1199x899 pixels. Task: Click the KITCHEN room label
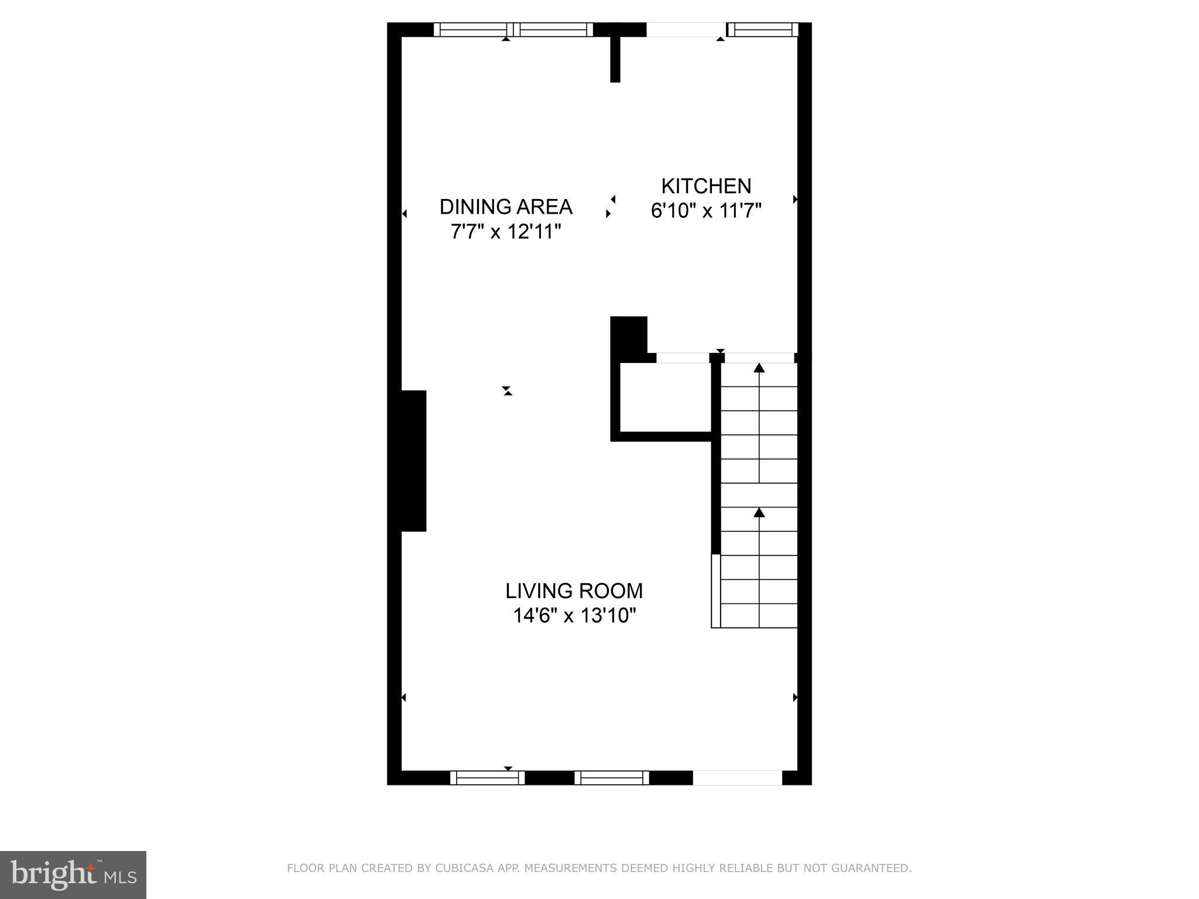click(706, 186)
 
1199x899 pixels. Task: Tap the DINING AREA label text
click(506, 207)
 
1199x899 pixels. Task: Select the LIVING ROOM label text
click(574, 591)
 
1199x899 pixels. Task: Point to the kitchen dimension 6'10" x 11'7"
click(706, 211)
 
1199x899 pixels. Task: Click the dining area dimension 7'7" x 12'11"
click(506, 232)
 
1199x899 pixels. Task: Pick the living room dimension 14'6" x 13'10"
click(574, 616)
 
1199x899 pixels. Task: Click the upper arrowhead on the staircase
click(759, 368)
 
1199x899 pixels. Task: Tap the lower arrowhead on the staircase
click(759, 513)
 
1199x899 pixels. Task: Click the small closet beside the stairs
click(665, 397)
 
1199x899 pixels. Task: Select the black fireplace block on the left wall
click(413, 461)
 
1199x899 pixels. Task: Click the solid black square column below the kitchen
click(628, 334)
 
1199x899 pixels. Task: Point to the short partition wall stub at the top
click(615, 59)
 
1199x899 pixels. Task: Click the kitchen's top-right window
click(762, 29)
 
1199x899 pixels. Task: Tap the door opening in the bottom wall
click(737, 777)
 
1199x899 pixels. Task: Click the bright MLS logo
click(73, 874)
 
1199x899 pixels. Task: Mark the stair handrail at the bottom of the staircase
click(715, 591)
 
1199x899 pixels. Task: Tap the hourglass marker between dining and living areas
click(507, 390)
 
